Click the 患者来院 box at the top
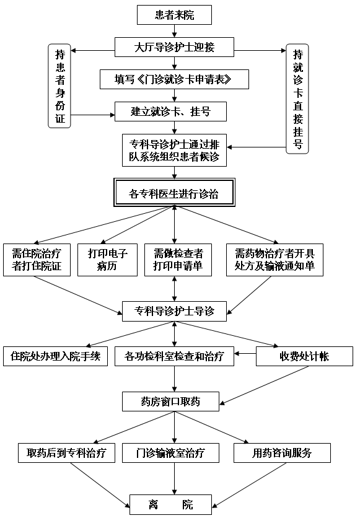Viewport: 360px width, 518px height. [174, 15]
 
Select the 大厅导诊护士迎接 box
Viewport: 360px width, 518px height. [174, 47]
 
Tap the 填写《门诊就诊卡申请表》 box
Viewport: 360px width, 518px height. [174, 79]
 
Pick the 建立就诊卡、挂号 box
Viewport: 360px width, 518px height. [171, 112]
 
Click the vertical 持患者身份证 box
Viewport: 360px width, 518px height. [59, 86]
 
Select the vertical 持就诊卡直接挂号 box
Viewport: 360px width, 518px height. [297, 99]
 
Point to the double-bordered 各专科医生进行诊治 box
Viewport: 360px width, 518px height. [174, 193]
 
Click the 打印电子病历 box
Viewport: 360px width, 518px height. [107, 260]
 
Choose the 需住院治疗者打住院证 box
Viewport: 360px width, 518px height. [37, 260]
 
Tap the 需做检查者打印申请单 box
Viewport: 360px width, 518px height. [178, 260]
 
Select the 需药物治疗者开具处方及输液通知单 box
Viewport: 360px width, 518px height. [274, 260]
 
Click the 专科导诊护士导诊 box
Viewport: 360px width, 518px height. [174, 311]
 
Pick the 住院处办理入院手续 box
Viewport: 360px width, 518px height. [56, 356]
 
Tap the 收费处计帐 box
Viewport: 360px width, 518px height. [304, 356]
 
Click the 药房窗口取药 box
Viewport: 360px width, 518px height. [171, 402]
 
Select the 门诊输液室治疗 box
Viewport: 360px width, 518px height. [171, 453]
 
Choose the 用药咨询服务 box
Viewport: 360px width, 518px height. [282, 453]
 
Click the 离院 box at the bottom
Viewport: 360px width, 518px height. [171, 504]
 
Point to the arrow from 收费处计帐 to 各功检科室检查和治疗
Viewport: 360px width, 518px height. [245, 353]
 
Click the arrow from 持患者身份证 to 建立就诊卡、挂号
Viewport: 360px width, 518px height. [93, 115]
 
